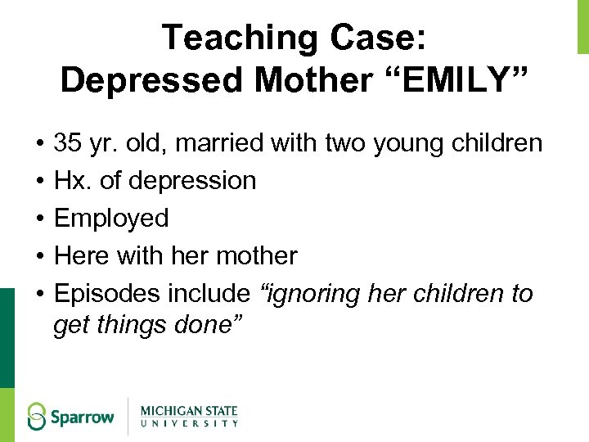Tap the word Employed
pos(111,218)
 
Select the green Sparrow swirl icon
pos(38,416)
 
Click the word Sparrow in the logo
pos(82,417)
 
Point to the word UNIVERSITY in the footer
pos(189,423)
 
